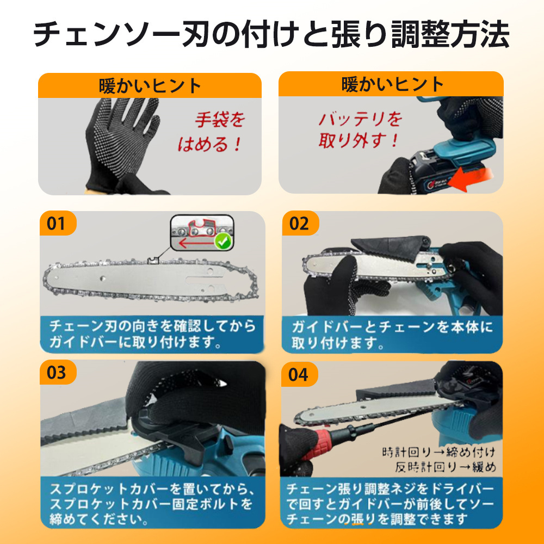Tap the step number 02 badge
click(x=300, y=224)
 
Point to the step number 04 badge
click(x=299, y=374)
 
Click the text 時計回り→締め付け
click(x=439, y=453)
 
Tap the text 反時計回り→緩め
click(x=446, y=467)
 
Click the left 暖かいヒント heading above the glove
click(x=150, y=86)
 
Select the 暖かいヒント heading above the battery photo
click(x=392, y=84)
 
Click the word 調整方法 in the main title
click(x=450, y=34)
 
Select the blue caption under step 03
click(x=153, y=503)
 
